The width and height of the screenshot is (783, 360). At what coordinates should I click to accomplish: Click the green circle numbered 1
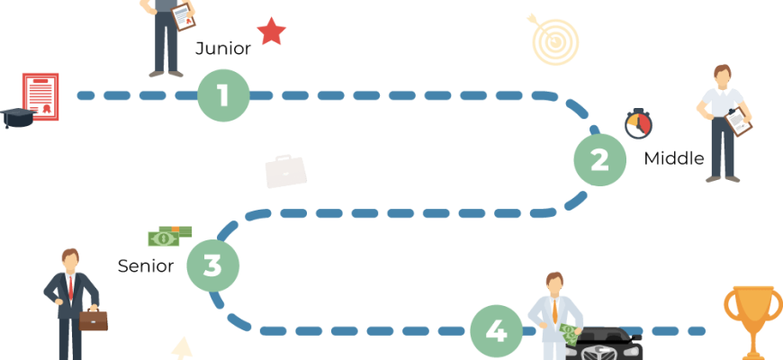tap(223, 94)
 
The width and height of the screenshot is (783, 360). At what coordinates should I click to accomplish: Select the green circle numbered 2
tap(599, 159)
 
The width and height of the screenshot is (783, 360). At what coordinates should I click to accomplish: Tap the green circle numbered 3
tap(212, 265)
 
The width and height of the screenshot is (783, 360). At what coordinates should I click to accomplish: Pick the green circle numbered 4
tap(496, 332)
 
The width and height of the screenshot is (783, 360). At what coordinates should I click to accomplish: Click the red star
tap(271, 31)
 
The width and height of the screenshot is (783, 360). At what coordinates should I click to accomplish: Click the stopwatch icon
tap(638, 124)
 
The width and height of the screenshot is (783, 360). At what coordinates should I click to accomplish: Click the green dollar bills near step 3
tap(168, 237)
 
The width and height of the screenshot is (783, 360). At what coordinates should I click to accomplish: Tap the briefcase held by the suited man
tap(94, 319)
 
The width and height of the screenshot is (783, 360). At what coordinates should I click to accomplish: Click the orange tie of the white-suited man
tap(555, 310)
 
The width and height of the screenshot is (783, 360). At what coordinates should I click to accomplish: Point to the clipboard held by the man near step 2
tap(739, 121)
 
